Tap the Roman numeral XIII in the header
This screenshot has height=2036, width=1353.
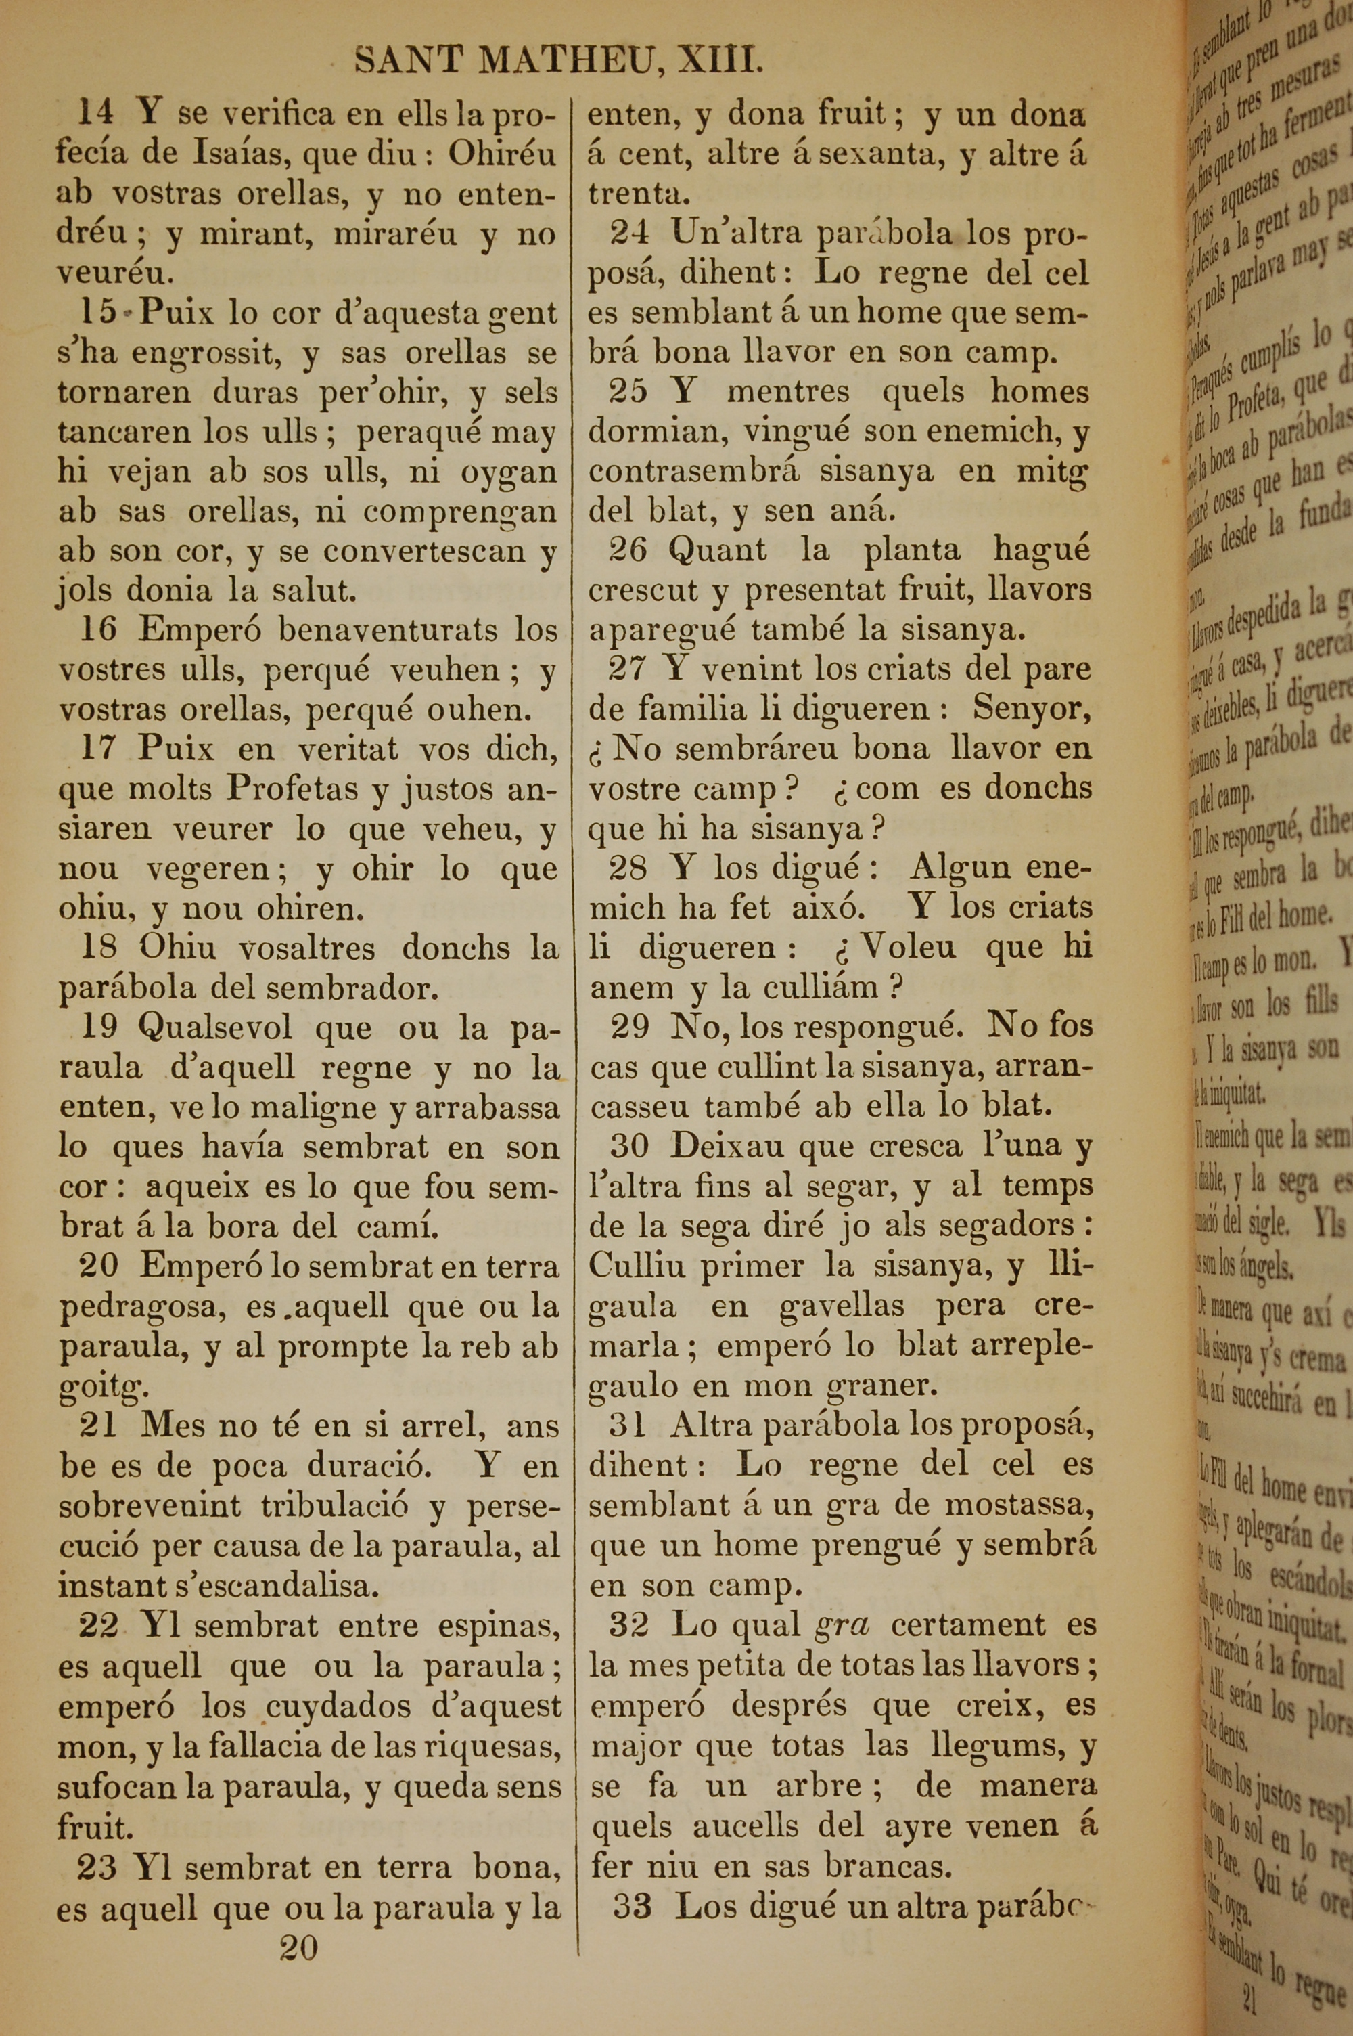[720, 62]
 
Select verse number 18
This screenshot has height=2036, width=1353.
[98, 948]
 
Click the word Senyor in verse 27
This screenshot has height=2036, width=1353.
[1030, 709]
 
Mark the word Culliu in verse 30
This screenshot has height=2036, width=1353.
[638, 1265]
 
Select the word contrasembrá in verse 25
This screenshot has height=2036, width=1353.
[694, 471]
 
